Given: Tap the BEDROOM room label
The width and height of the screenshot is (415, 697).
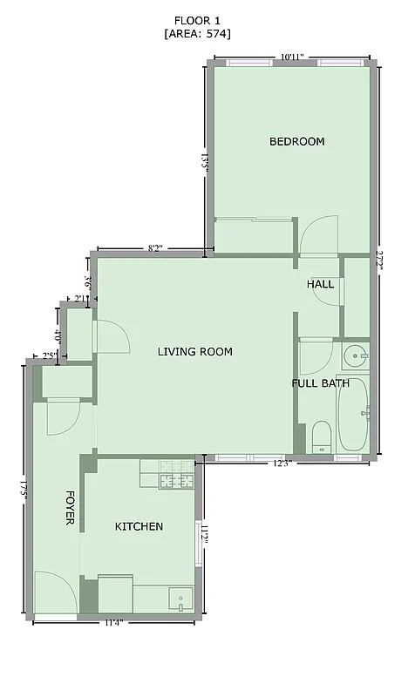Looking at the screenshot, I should (296, 141).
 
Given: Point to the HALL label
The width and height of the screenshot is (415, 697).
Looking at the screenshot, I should (320, 285).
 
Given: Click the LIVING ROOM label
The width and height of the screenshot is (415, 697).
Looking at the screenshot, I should (194, 352).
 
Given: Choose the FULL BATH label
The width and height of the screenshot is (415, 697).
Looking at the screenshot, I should (320, 382).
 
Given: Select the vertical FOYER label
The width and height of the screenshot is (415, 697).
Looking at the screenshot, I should (70, 506).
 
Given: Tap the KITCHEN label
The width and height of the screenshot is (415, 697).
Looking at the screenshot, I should (139, 526).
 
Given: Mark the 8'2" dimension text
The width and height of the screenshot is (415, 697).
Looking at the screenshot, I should (156, 249).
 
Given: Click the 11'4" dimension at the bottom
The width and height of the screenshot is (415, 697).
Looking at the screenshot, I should (113, 622).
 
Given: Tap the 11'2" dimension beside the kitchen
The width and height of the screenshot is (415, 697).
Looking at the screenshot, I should (204, 534).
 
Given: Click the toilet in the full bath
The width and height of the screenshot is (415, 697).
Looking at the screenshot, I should (322, 436).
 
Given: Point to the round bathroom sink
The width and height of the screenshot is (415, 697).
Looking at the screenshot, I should (355, 355).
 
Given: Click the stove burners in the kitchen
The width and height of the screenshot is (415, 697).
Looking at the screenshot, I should (178, 477).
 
